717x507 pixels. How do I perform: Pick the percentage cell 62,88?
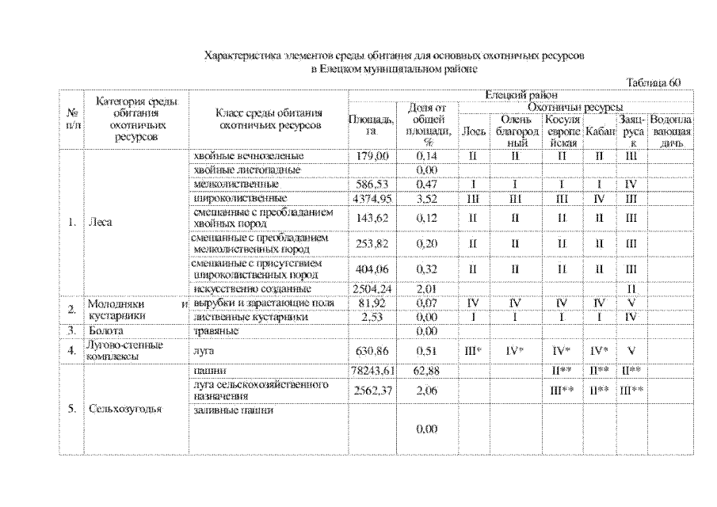click(x=427, y=370)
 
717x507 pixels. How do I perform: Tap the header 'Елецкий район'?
click(x=521, y=95)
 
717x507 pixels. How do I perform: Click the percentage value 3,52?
click(x=427, y=197)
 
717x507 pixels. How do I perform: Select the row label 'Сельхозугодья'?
click(x=125, y=410)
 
